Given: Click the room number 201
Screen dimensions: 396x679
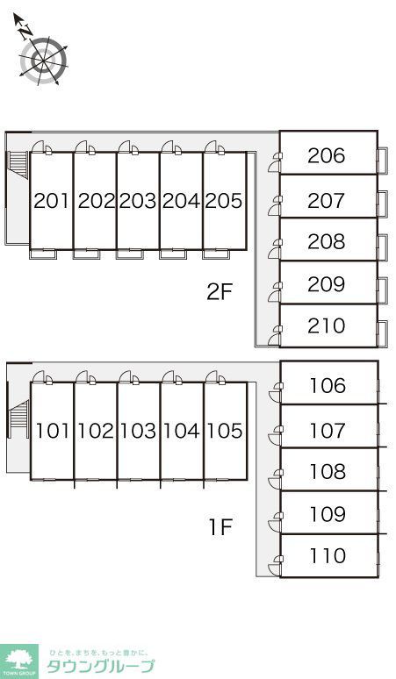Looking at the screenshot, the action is point(51,201).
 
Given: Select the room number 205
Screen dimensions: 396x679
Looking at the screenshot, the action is point(224,201).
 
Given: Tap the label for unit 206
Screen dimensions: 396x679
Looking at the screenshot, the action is point(327,155).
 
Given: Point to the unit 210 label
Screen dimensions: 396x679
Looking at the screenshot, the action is point(327,326).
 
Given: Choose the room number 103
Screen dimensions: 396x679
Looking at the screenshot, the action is point(138,431).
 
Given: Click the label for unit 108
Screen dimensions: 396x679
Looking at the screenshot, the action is point(328,472).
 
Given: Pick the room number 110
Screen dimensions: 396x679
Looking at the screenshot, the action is point(328,555).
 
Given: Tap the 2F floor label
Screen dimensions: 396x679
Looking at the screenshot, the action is point(220,292).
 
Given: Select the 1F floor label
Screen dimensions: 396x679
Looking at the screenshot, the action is point(221,527).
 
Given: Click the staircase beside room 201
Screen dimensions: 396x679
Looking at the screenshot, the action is point(18,165).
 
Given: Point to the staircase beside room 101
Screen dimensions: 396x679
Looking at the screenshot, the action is point(18,413).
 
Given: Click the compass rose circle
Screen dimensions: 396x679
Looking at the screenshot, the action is point(43,61).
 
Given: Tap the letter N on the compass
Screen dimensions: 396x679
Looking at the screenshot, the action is point(26,32).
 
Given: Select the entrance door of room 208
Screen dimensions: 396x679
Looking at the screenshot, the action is point(274,250).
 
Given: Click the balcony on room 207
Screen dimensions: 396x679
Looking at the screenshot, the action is point(382,204).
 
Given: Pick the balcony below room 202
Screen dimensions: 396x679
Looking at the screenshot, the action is point(86,254).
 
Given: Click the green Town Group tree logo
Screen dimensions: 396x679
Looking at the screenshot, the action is point(19,661).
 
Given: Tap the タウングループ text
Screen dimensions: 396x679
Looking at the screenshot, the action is point(100,666).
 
